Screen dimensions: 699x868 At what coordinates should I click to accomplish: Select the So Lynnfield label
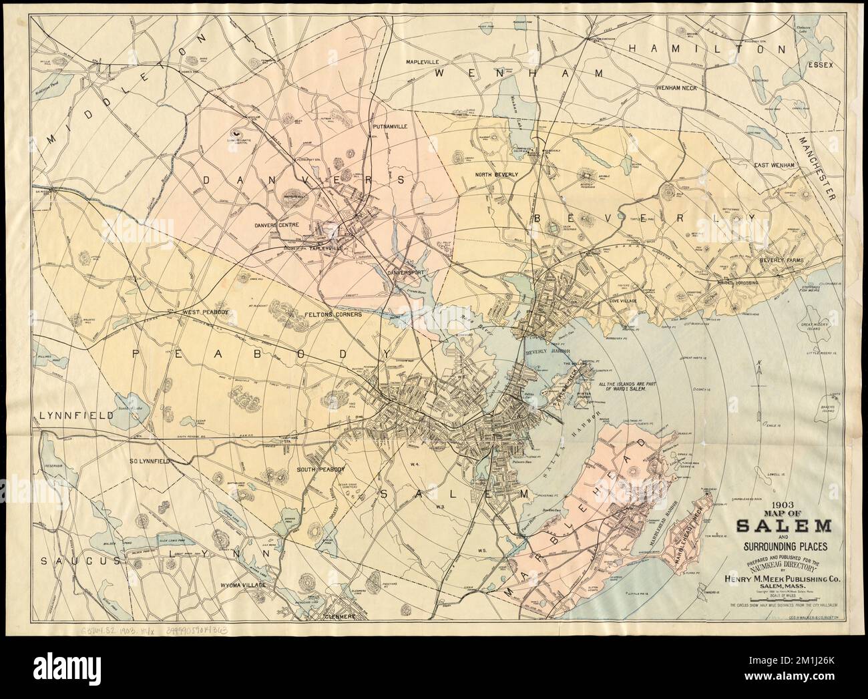click(151, 461)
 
